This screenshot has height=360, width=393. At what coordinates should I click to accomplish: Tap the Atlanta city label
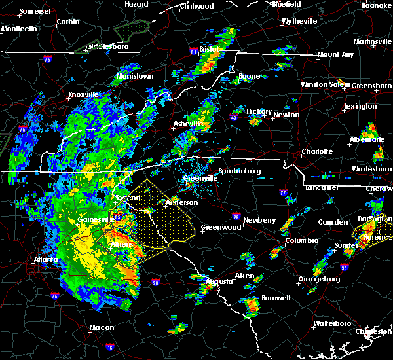point(44,259)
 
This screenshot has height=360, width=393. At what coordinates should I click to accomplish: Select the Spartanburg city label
point(240,171)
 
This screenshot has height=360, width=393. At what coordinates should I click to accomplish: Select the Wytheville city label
point(299,21)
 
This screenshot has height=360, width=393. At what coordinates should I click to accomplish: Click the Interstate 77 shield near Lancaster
point(282,194)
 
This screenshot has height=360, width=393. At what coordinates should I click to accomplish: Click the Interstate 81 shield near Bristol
point(193,50)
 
